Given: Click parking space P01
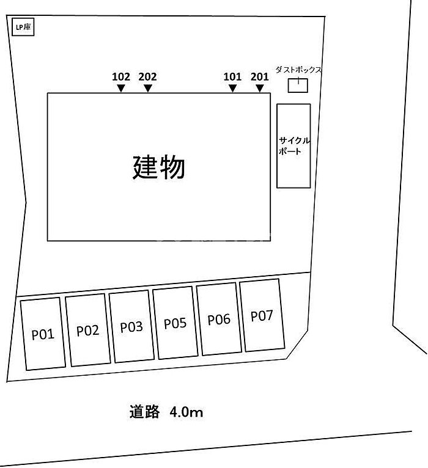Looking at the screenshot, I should click(43, 334).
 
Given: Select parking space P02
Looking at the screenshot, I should click(87, 330).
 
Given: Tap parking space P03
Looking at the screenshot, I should click(131, 326).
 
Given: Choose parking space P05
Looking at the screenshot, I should click(175, 323).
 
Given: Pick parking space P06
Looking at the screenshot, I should click(219, 319).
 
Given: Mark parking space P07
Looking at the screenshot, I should click(262, 315).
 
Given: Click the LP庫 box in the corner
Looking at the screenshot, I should click(23, 27).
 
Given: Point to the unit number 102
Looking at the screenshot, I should click(121, 77).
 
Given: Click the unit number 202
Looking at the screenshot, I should click(148, 77).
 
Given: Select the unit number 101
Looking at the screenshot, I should click(232, 77).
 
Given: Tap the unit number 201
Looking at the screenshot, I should click(260, 77).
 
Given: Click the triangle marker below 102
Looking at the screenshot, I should click(121, 88).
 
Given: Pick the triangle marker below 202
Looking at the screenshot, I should click(148, 88).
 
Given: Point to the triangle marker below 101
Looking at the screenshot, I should click(232, 88).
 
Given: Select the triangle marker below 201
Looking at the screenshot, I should click(260, 88).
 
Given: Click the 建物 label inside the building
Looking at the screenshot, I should click(159, 167).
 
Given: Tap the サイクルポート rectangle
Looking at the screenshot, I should click(293, 145).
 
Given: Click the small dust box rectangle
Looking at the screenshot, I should click(298, 86).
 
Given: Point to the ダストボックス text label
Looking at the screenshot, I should click(298, 70).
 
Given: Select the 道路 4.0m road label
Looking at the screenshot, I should click(166, 412).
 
